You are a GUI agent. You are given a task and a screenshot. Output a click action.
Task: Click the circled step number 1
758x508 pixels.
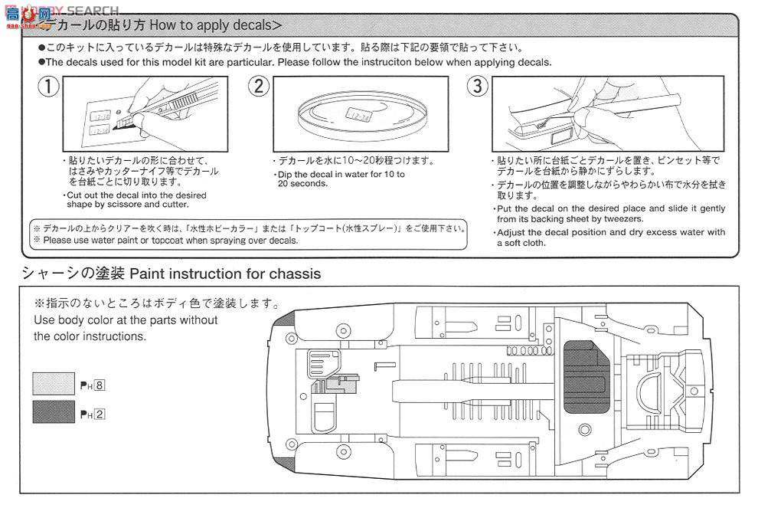49,86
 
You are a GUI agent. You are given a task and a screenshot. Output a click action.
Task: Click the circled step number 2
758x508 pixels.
259,86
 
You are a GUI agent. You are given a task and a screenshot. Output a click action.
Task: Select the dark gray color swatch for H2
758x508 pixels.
54,414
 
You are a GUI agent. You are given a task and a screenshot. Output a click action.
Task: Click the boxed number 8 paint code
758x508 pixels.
99,386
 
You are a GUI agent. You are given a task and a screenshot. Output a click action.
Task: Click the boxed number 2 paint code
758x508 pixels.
99,415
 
